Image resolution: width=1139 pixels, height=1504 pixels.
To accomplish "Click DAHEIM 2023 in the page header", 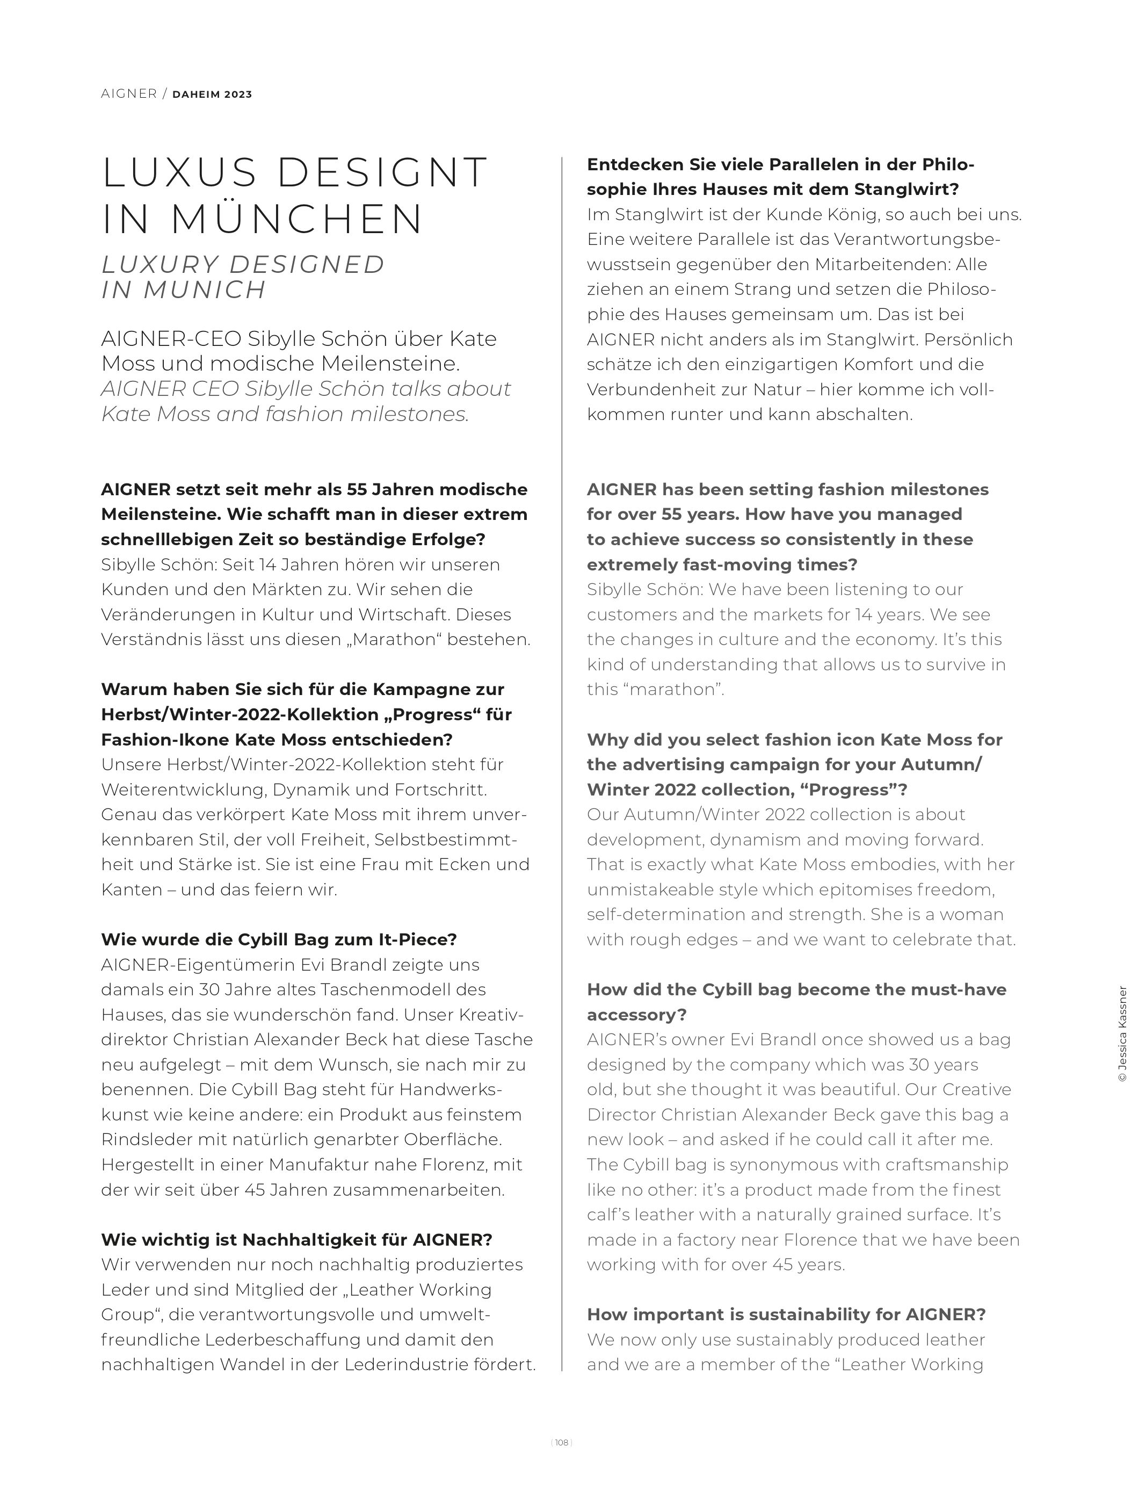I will (x=212, y=95).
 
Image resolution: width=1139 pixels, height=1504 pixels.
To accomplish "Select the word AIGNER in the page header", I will (x=129, y=94).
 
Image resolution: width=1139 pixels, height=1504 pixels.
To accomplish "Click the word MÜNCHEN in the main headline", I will (x=297, y=220).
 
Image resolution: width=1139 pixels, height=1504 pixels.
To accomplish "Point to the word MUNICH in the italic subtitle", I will (x=205, y=290).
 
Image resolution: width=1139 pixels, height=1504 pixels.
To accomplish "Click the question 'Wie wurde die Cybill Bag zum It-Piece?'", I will (x=279, y=939).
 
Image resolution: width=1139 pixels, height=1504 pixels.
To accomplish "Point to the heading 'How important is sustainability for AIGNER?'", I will (x=786, y=1314).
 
